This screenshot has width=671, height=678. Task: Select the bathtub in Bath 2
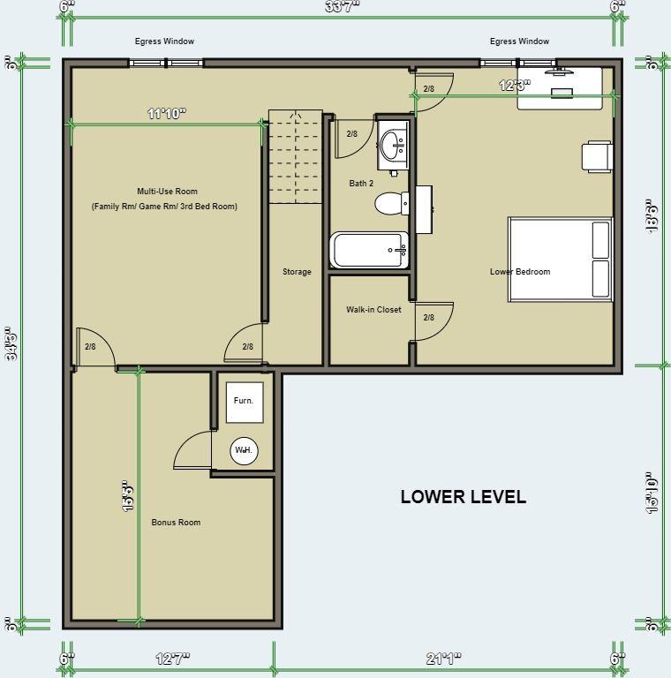(x=369, y=250)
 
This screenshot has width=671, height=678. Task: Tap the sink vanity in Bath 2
(x=393, y=145)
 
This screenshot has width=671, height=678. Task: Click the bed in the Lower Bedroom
(x=560, y=258)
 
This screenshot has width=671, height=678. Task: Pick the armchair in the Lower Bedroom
(x=597, y=156)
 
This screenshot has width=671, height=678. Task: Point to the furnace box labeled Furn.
(x=243, y=400)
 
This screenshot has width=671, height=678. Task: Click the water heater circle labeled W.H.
(x=243, y=450)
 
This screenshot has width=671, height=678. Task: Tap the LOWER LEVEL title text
(x=463, y=496)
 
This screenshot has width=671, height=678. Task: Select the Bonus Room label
(x=176, y=523)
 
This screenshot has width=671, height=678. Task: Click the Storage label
(x=297, y=272)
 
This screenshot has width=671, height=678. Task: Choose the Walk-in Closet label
(x=373, y=310)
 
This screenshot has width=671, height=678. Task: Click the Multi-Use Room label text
(x=167, y=192)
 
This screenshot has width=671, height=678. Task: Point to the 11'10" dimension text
(x=166, y=114)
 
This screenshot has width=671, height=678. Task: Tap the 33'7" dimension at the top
(x=342, y=7)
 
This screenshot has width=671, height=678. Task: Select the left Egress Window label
(x=164, y=41)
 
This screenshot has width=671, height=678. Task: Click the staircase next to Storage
(x=296, y=157)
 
